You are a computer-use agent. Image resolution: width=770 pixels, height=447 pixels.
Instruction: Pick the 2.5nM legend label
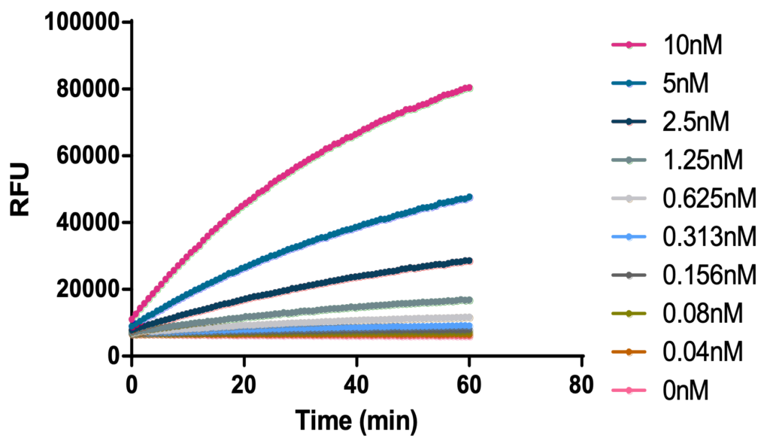(696, 121)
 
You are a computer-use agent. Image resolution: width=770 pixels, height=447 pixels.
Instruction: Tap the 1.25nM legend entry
(702, 160)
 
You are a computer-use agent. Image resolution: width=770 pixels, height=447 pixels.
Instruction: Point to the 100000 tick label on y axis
(83, 23)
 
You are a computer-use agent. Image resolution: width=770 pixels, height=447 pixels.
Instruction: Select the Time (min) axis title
(356, 420)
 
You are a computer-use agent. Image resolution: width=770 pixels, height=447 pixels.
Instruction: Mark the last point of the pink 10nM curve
(468, 88)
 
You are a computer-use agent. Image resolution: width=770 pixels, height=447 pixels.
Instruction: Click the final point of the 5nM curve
(468, 197)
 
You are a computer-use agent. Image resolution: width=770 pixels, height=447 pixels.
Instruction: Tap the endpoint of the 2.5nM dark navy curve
(468, 260)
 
